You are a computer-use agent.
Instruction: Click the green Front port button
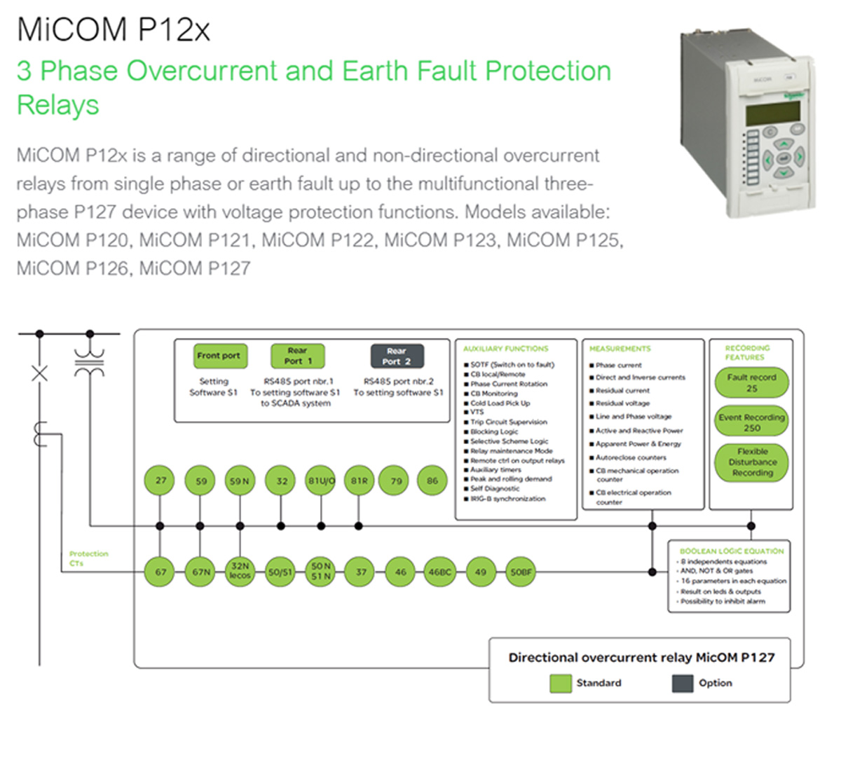click(x=218, y=356)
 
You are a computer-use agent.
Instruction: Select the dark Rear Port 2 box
click(x=397, y=356)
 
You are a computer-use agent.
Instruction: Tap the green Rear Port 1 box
click(x=298, y=356)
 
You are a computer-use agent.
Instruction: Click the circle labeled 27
click(x=160, y=481)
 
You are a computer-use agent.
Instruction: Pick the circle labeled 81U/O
click(x=321, y=481)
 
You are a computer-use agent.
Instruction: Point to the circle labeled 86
click(x=432, y=481)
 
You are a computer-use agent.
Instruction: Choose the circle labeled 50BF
click(x=521, y=572)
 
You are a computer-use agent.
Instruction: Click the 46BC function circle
click(x=440, y=572)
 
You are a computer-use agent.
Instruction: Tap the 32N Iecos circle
click(x=240, y=571)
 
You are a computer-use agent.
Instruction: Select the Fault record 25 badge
click(x=751, y=382)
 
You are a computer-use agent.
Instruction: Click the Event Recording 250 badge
click(x=751, y=422)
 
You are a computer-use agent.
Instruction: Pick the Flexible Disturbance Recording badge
click(x=751, y=462)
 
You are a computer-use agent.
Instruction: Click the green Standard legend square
click(x=561, y=684)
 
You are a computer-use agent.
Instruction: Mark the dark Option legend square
click(x=682, y=684)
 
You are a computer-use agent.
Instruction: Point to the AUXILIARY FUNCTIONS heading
click(x=505, y=348)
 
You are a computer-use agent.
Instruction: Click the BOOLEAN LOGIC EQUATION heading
click(x=731, y=551)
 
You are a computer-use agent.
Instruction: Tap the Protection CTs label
click(x=88, y=558)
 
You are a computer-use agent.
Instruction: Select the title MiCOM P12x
click(x=113, y=30)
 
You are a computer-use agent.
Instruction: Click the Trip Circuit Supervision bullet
click(x=508, y=422)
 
